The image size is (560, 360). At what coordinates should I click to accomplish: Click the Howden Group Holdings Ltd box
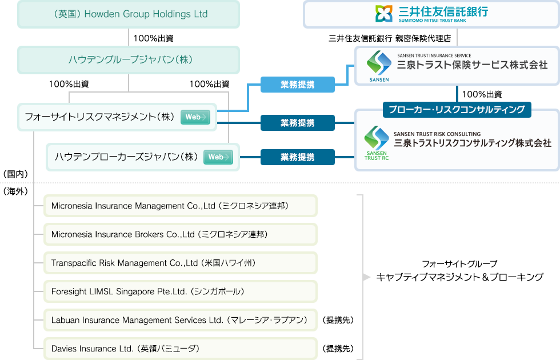(128, 14)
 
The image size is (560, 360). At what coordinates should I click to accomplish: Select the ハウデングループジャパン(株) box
(128, 60)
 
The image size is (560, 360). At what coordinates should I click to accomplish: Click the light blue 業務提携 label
(297, 85)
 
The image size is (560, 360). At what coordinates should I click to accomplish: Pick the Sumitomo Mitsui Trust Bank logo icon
(382, 13)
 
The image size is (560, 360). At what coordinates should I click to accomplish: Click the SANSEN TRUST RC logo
(376, 143)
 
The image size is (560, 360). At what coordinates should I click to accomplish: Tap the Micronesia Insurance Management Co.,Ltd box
(181, 206)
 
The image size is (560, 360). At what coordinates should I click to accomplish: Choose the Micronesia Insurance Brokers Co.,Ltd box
(181, 234)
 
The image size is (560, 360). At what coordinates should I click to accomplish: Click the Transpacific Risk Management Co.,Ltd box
(181, 263)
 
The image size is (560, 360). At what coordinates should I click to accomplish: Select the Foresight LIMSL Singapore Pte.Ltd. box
(181, 291)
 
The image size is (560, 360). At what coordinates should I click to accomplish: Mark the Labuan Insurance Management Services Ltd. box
(181, 320)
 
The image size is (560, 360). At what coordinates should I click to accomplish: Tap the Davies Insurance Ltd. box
(181, 348)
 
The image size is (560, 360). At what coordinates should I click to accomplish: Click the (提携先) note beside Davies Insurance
(338, 348)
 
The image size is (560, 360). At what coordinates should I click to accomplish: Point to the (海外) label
(15, 190)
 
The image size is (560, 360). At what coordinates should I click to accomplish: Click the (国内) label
(15, 173)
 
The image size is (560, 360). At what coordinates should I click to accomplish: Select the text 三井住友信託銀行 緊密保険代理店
(390, 39)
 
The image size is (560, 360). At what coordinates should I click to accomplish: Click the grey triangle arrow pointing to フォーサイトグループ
(366, 277)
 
